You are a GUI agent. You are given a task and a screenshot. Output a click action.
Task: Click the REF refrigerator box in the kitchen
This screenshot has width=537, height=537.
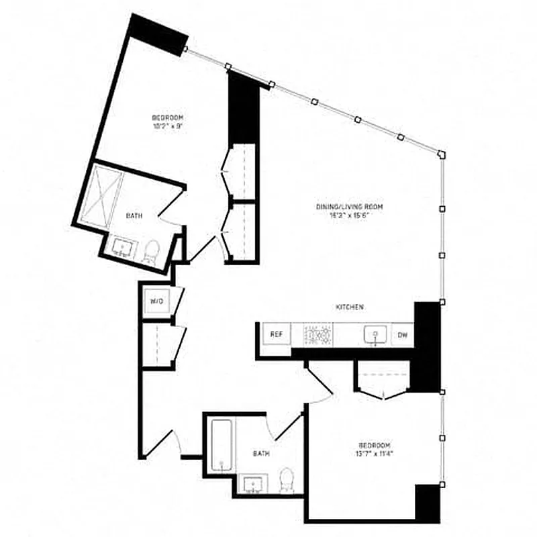point(276,334)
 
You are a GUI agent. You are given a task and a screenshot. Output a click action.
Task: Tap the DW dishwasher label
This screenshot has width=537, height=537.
point(403,334)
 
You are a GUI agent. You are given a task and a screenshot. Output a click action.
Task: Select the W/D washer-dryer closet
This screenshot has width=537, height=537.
point(156,301)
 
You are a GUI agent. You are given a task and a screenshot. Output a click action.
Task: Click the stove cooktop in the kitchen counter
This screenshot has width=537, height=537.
point(319,334)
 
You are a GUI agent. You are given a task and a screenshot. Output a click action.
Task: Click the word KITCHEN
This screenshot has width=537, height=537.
point(350,307)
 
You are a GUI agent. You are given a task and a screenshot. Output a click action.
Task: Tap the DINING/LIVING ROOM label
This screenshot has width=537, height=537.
point(344,207)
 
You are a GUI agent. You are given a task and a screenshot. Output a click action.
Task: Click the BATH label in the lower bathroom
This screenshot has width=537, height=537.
point(261,454)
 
